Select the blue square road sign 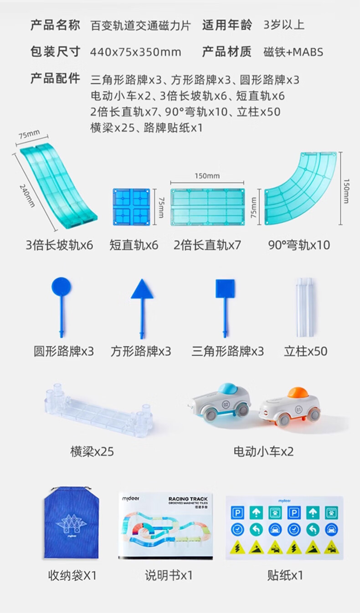click(x=225, y=289)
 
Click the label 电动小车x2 click(x=263, y=451)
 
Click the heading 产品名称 click(x=55, y=25)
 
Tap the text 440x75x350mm click(x=135, y=52)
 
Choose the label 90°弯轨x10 click(x=298, y=245)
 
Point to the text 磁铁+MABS click(x=293, y=52)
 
